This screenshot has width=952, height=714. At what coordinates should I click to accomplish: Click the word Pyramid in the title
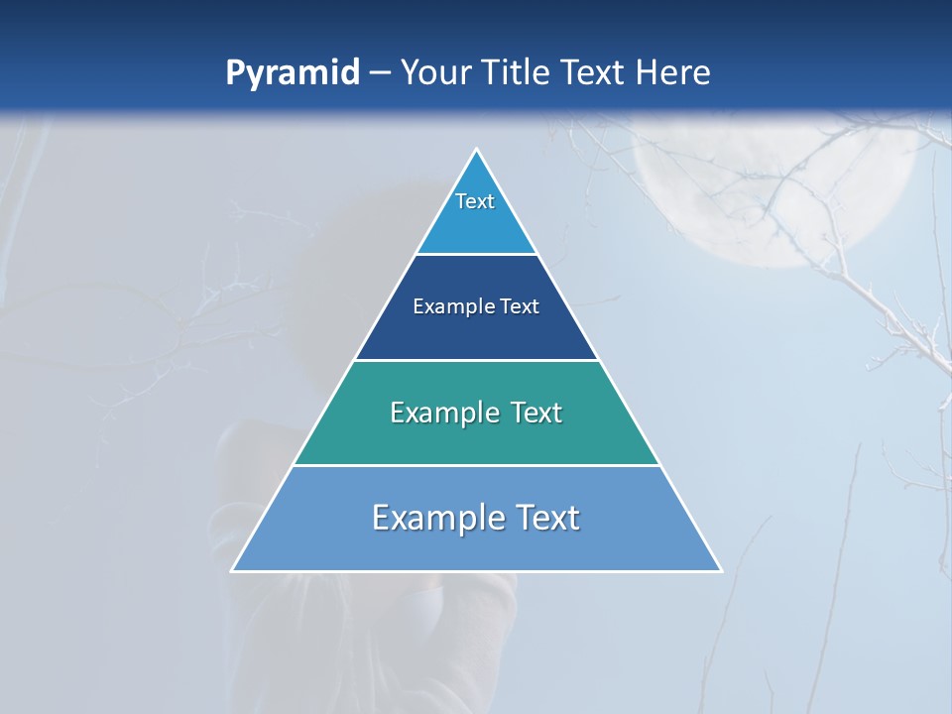pyautogui.click(x=293, y=73)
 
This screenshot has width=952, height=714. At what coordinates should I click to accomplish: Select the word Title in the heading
pyautogui.click(x=522, y=72)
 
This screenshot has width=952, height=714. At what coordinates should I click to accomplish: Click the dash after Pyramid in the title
pyautogui.click(x=380, y=73)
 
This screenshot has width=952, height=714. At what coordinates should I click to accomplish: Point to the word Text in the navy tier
pyautogui.click(x=520, y=306)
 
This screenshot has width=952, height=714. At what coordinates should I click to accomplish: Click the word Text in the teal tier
pyautogui.click(x=536, y=413)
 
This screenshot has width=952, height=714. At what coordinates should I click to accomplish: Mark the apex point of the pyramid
pyautogui.click(x=476, y=150)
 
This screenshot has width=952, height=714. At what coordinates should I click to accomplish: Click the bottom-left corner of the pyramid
pyautogui.click(x=232, y=570)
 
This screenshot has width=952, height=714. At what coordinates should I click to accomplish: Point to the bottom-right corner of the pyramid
pyautogui.click(x=721, y=570)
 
